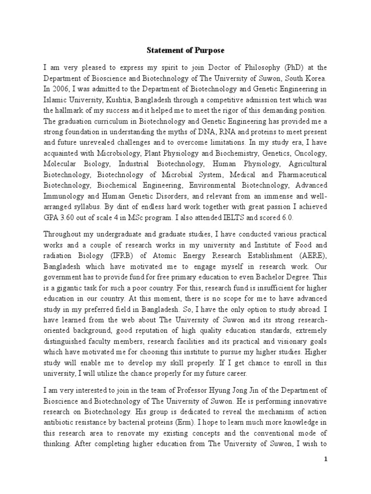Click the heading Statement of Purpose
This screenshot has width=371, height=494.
coord(185,50)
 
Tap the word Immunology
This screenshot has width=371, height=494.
coord(64,196)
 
